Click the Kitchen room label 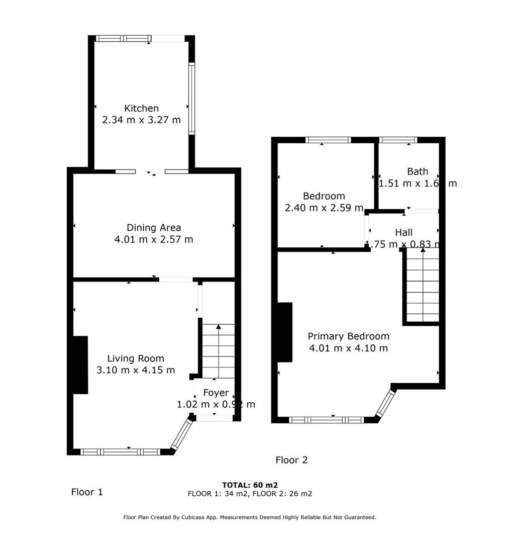[x=141, y=108]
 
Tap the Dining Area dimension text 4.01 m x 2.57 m [x=153, y=240]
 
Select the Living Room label [x=136, y=358]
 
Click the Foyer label [x=216, y=393]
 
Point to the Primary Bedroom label [x=348, y=336]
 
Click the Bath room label [x=418, y=171]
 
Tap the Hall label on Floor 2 [x=403, y=232]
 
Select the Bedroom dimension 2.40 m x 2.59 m [x=324, y=208]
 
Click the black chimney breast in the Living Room [x=80, y=365]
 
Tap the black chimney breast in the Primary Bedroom [x=285, y=332]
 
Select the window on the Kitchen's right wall [x=191, y=98]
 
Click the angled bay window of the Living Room [x=181, y=434]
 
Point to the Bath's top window [x=398, y=140]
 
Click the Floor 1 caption [x=87, y=492]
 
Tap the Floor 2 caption [x=291, y=460]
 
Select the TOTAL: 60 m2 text [x=250, y=485]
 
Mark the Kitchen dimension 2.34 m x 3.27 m [x=141, y=120]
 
